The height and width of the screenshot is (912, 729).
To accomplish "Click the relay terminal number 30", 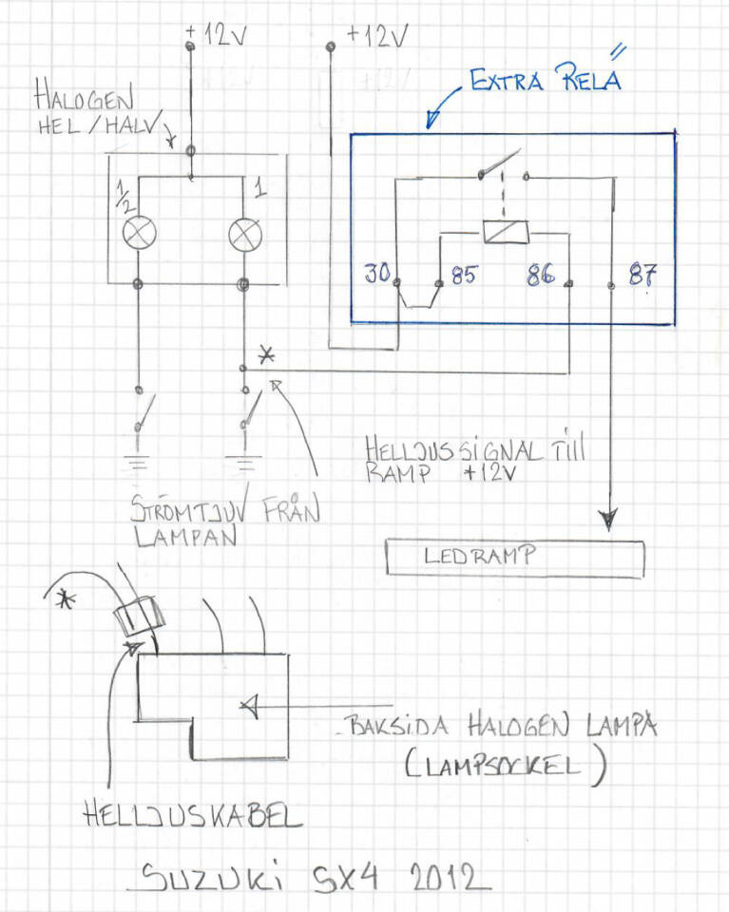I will [376, 275].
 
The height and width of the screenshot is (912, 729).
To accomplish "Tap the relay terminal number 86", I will [541, 277].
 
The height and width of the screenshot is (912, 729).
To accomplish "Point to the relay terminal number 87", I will [642, 276].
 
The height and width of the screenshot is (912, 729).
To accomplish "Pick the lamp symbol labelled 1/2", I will [139, 233].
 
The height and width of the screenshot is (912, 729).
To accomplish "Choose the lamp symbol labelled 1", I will [244, 233].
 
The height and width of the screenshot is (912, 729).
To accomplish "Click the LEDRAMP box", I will [514, 558].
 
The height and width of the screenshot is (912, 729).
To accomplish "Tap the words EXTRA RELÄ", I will [545, 80].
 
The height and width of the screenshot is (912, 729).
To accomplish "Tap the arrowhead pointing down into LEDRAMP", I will [608, 519].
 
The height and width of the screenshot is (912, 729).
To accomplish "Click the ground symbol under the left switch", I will [139, 465].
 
